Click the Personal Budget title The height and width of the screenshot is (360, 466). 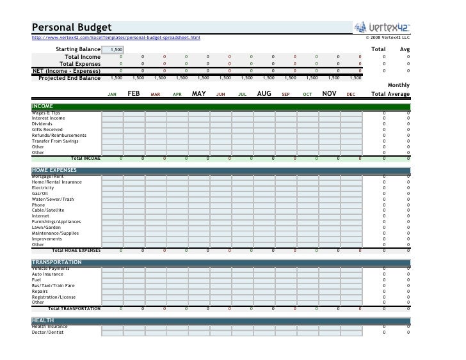click(72, 27)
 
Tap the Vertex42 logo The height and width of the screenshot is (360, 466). click(382, 27)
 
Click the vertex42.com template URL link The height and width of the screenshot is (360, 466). click(116, 38)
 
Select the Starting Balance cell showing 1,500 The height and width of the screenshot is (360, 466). click(116, 49)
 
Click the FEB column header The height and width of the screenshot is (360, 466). click(133, 93)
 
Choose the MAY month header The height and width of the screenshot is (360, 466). click(198, 93)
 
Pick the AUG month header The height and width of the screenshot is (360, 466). click(264, 93)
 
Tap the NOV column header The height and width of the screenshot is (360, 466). click(329, 93)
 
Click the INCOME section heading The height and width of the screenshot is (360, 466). click(43, 106)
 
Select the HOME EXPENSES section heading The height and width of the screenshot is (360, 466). click(54, 170)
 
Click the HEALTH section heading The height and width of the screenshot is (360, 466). click(43, 320)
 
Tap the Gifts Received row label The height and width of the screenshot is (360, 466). click(47, 129)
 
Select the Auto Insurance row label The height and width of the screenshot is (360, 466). click(48, 274)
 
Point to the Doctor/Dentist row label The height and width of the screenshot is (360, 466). click(49, 332)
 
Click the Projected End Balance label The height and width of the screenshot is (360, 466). click(69, 78)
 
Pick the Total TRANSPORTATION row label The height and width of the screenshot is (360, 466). click(74, 308)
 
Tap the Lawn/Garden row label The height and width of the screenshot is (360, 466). click(47, 227)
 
